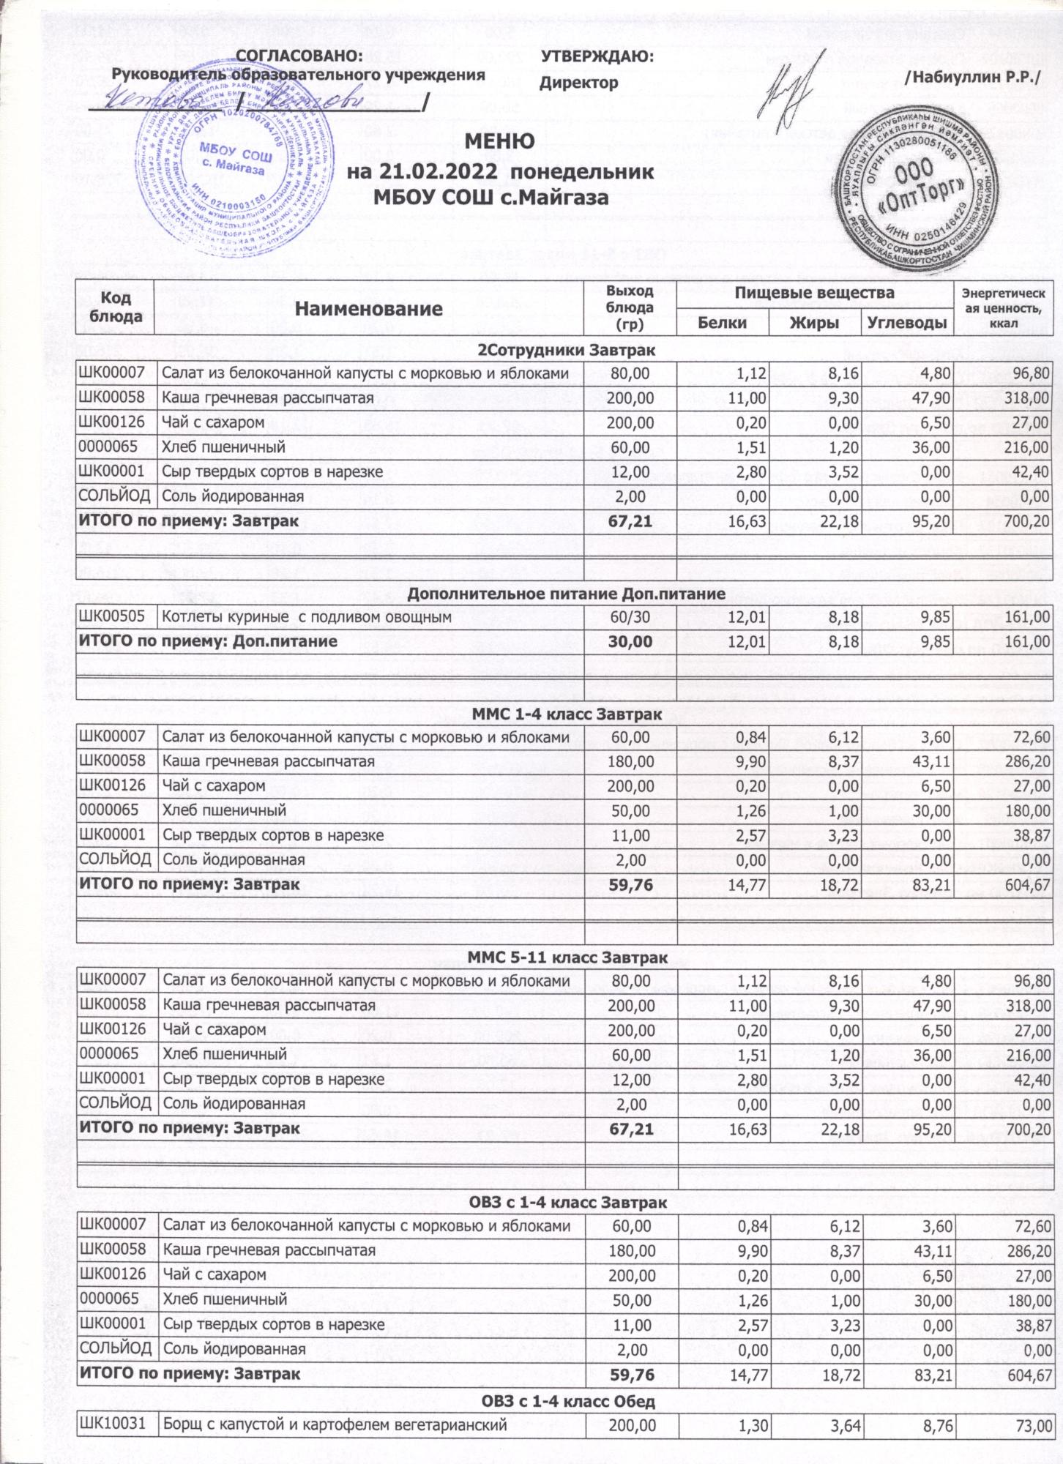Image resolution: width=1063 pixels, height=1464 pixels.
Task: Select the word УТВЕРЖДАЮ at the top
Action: tap(597, 56)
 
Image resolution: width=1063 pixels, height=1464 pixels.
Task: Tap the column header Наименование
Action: tap(370, 308)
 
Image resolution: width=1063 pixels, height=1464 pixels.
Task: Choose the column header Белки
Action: tap(722, 322)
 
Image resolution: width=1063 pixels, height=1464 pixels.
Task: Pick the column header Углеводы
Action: tap(908, 322)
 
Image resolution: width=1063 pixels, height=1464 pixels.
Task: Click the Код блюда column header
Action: tap(114, 307)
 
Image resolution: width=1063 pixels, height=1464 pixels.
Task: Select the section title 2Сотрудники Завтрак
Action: tap(567, 351)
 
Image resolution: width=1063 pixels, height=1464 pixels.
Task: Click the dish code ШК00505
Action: tap(112, 617)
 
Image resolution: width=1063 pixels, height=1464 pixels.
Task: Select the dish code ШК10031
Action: tap(112, 1425)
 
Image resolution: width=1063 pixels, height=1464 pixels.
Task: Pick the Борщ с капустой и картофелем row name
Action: tap(335, 1425)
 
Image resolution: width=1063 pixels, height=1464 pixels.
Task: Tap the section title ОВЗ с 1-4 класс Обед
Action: tap(567, 1401)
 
